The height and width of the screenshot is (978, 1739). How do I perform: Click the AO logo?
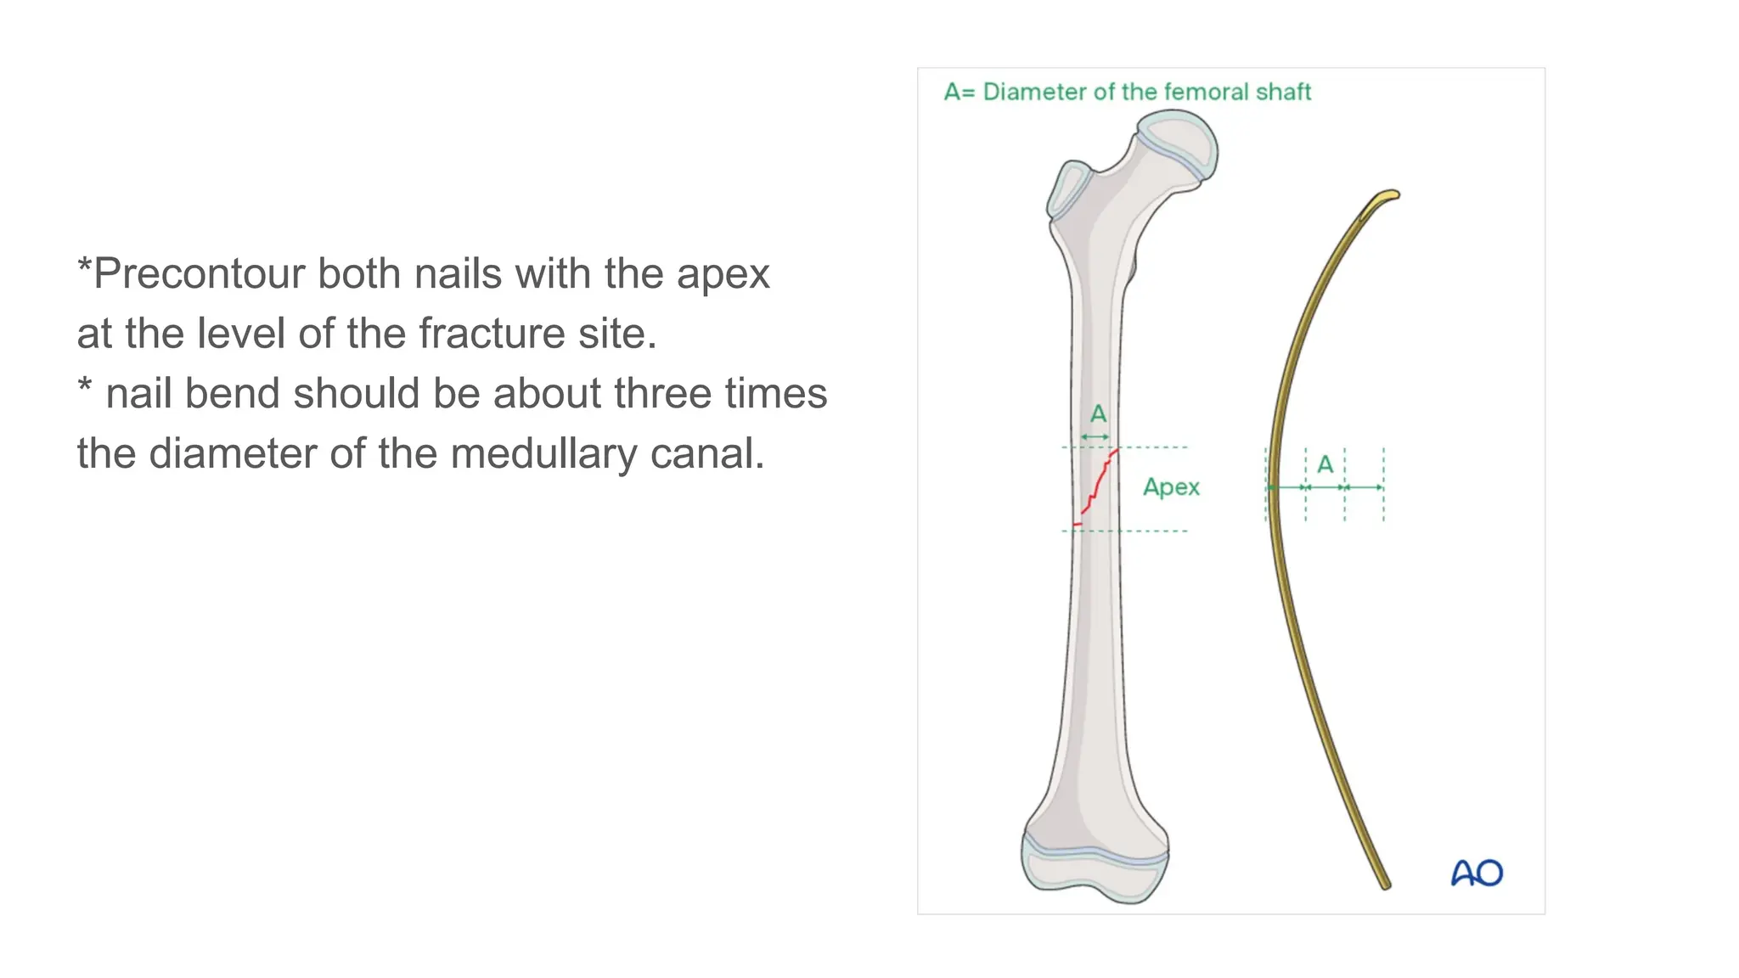click(x=1477, y=873)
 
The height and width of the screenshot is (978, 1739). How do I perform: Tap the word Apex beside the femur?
click(x=1171, y=487)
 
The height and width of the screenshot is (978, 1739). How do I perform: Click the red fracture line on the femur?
click(x=1098, y=487)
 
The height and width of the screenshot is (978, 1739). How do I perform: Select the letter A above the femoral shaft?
click(x=1098, y=414)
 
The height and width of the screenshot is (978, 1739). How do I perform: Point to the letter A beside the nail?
click(x=1325, y=464)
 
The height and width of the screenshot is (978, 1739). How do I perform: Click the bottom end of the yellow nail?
click(x=1384, y=883)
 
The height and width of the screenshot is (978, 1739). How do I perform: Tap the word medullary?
click(x=543, y=454)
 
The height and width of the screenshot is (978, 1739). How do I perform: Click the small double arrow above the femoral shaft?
click(x=1095, y=437)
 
